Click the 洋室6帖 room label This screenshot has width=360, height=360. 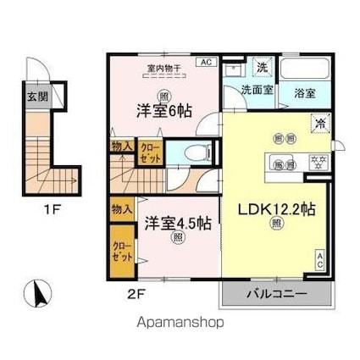pyautogui.click(x=162, y=110)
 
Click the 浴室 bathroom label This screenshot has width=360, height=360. pyautogui.click(x=303, y=93)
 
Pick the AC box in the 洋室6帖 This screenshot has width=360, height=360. pyautogui.click(x=205, y=61)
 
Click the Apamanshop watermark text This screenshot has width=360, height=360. pyautogui.click(x=180, y=323)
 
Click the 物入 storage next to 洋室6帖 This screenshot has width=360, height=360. pyautogui.click(x=121, y=147)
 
